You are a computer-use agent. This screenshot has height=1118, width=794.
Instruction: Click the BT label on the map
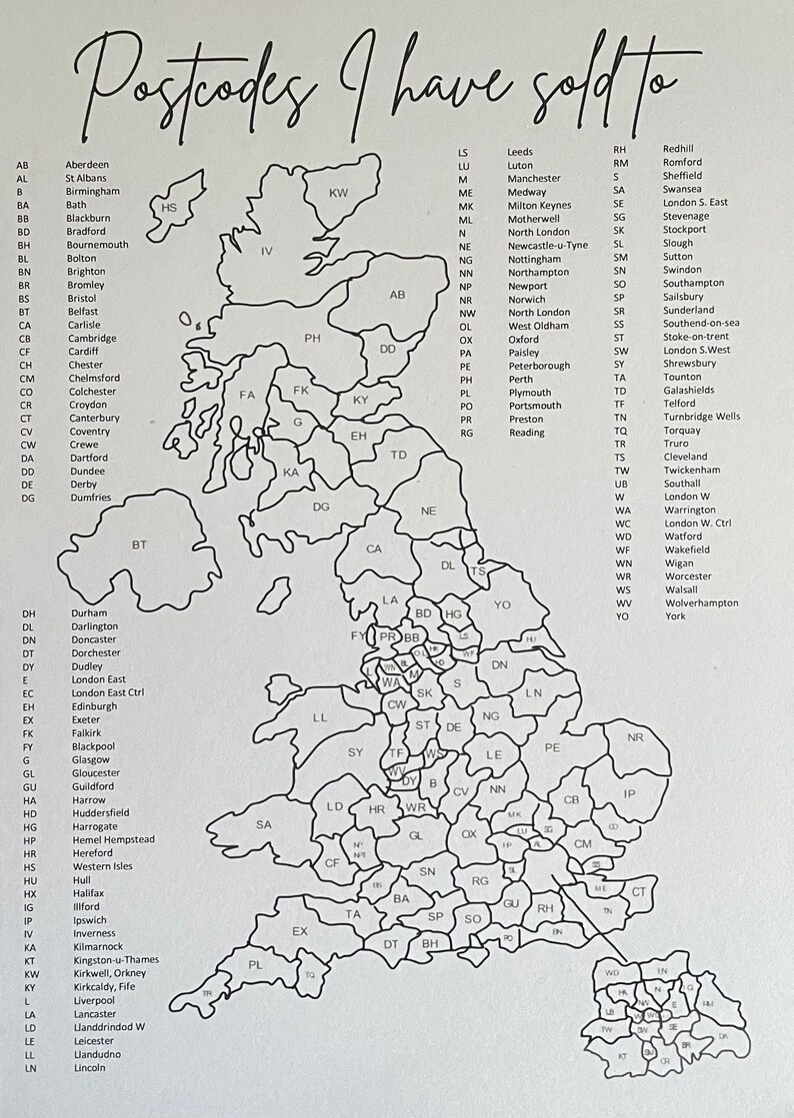[139, 546]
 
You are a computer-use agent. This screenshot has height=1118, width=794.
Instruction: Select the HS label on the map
[169, 208]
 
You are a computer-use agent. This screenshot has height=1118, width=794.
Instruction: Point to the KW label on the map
[339, 192]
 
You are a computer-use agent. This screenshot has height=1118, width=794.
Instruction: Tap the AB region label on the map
[397, 295]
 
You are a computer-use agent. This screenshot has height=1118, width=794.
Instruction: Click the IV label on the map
[266, 251]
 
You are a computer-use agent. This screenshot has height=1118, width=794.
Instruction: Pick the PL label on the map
[255, 965]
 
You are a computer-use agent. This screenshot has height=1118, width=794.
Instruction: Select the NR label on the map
[635, 737]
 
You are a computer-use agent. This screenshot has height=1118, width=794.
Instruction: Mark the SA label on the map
[264, 825]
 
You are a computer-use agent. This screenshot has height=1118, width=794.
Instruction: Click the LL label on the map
[320, 717]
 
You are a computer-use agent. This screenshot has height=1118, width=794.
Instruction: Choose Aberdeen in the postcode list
[87, 165]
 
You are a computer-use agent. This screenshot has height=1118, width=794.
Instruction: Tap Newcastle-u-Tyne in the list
[547, 246]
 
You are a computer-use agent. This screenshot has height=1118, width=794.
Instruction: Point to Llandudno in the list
[96, 1054]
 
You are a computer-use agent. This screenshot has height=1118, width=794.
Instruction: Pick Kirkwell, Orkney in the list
[109, 973]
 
